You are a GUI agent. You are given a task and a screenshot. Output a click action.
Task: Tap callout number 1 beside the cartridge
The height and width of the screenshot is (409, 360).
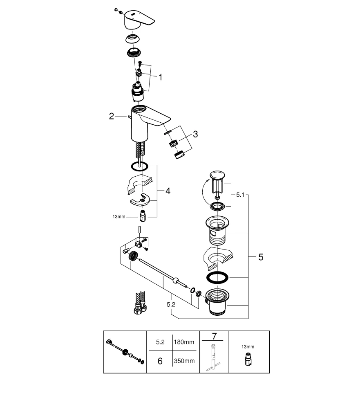click(x=160, y=77)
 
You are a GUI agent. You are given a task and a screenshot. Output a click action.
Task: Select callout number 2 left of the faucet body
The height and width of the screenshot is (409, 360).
click(x=111, y=116)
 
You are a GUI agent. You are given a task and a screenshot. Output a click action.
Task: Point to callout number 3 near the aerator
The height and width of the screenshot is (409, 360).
click(x=195, y=134)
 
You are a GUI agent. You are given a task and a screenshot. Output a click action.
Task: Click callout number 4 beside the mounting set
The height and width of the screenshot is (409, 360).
click(x=168, y=191)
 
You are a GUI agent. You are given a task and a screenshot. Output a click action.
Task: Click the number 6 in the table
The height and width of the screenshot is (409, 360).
click(x=160, y=362)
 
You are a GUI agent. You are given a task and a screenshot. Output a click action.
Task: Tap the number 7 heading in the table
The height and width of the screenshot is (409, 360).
click(x=213, y=336)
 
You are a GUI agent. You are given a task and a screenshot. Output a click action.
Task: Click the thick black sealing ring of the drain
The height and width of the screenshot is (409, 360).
click(x=217, y=277)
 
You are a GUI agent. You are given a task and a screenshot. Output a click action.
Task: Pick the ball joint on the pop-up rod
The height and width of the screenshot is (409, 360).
click(x=175, y=281)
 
